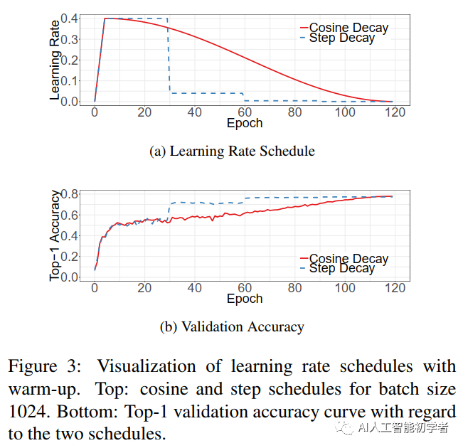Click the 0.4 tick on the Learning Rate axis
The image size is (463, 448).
70,18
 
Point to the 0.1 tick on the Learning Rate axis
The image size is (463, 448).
70,80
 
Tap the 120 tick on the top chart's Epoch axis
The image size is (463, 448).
395,112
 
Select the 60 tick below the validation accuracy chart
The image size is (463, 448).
245,288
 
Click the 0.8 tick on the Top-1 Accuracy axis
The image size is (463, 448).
70,193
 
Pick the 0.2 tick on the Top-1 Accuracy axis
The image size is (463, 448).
70,256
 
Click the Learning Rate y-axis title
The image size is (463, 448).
55,60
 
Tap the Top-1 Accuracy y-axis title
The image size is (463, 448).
55,235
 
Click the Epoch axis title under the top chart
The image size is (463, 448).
245,124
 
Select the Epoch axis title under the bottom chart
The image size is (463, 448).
245,299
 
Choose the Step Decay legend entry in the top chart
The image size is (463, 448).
341,38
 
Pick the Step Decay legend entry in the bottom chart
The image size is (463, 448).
341,268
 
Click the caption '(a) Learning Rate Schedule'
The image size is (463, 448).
232,151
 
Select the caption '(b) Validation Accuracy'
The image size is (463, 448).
232,326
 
